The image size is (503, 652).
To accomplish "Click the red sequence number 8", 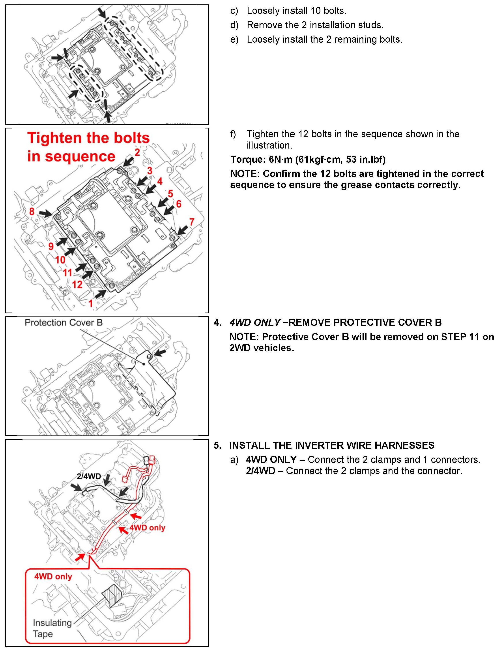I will [x=32, y=211].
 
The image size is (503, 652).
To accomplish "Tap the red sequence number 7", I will [x=192, y=222].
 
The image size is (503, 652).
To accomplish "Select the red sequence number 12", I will [x=77, y=284].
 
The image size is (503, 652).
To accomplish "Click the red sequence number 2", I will [x=137, y=153].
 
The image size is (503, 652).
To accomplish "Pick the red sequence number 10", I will [x=60, y=260].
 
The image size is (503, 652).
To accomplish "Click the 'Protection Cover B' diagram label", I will [x=64, y=323].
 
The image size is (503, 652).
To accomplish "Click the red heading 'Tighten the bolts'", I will [x=88, y=138].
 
